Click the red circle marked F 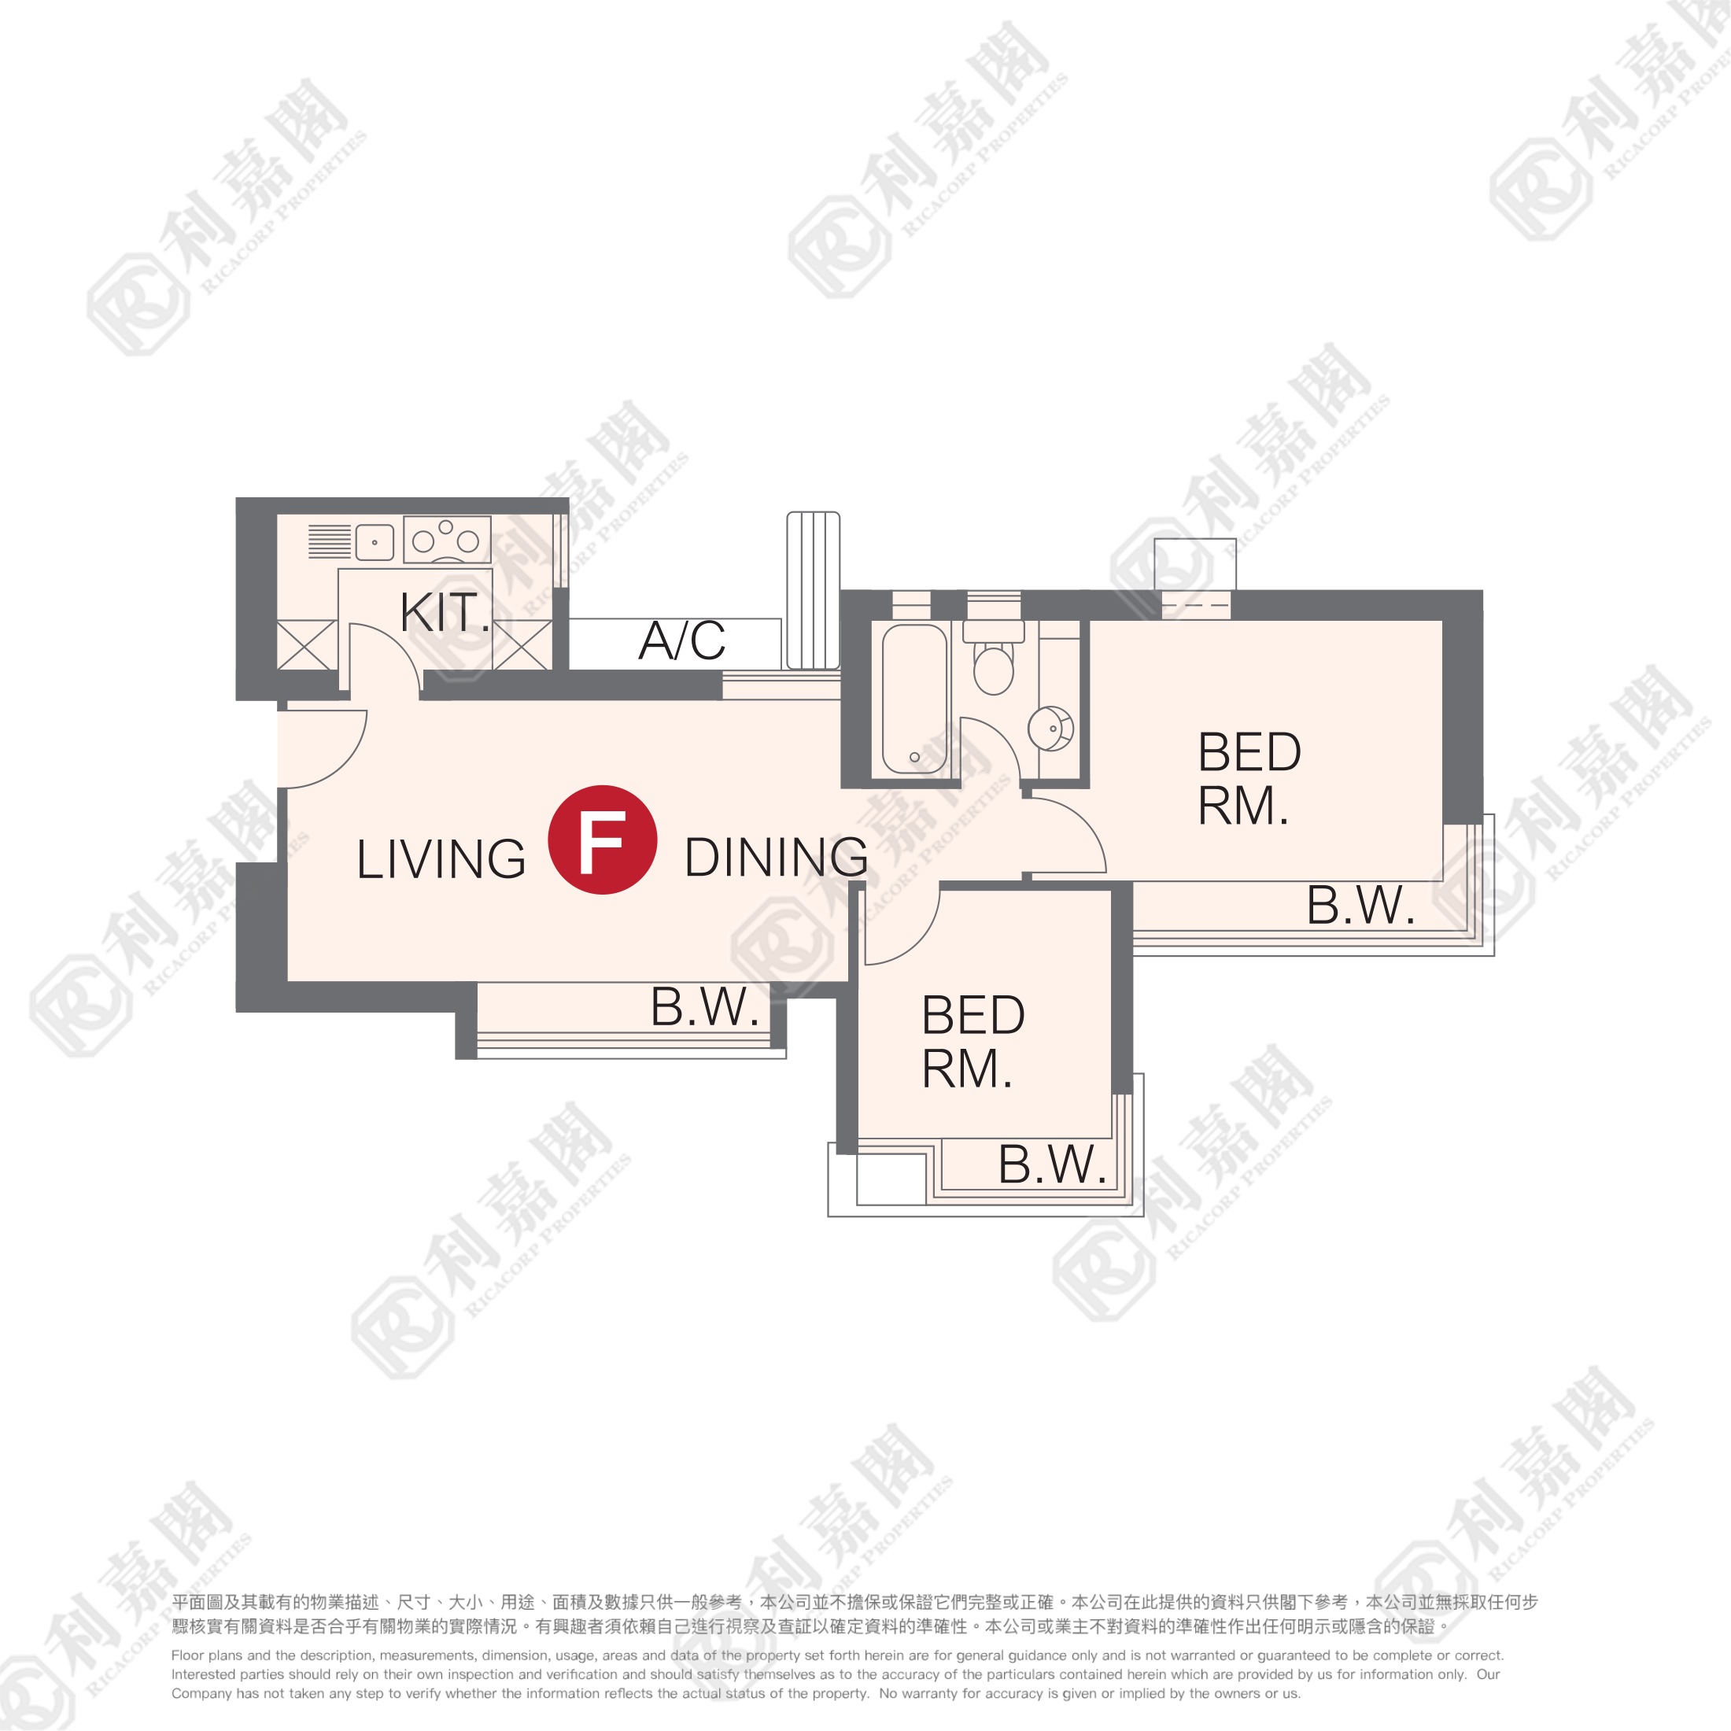tap(602, 840)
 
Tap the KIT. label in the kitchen tap(445, 613)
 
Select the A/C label tap(682, 640)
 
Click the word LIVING tap(441, 858)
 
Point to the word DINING tap(776, 857)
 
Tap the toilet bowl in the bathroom tap(994, 666)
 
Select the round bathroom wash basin tap(1050, 729)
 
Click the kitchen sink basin tap(375, 542)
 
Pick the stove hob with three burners tap(447, 540)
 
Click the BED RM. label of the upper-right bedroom tap(1249, 777)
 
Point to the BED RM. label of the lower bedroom tap(973, 1041)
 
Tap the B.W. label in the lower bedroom tap(1053, 1164)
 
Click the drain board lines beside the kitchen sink tap(330, 541)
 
